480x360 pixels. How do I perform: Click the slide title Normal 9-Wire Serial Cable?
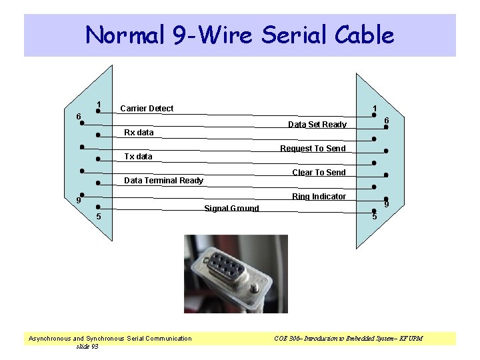coord(240,35)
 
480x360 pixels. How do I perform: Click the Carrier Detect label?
coord(147,109)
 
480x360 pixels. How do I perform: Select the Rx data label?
coord(139,133)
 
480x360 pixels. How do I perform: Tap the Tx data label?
coord(139,157)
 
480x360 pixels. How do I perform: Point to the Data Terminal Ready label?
coord(164,181)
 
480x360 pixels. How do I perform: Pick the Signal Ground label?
coord(231,209)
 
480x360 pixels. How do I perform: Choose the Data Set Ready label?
coord(317,125)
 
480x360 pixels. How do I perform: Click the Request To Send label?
coord(313,149)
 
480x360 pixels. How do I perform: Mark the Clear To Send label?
coord(319,173)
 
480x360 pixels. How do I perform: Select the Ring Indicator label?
coord(319,197)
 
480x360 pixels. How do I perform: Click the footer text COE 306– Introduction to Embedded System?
coord(347,339)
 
